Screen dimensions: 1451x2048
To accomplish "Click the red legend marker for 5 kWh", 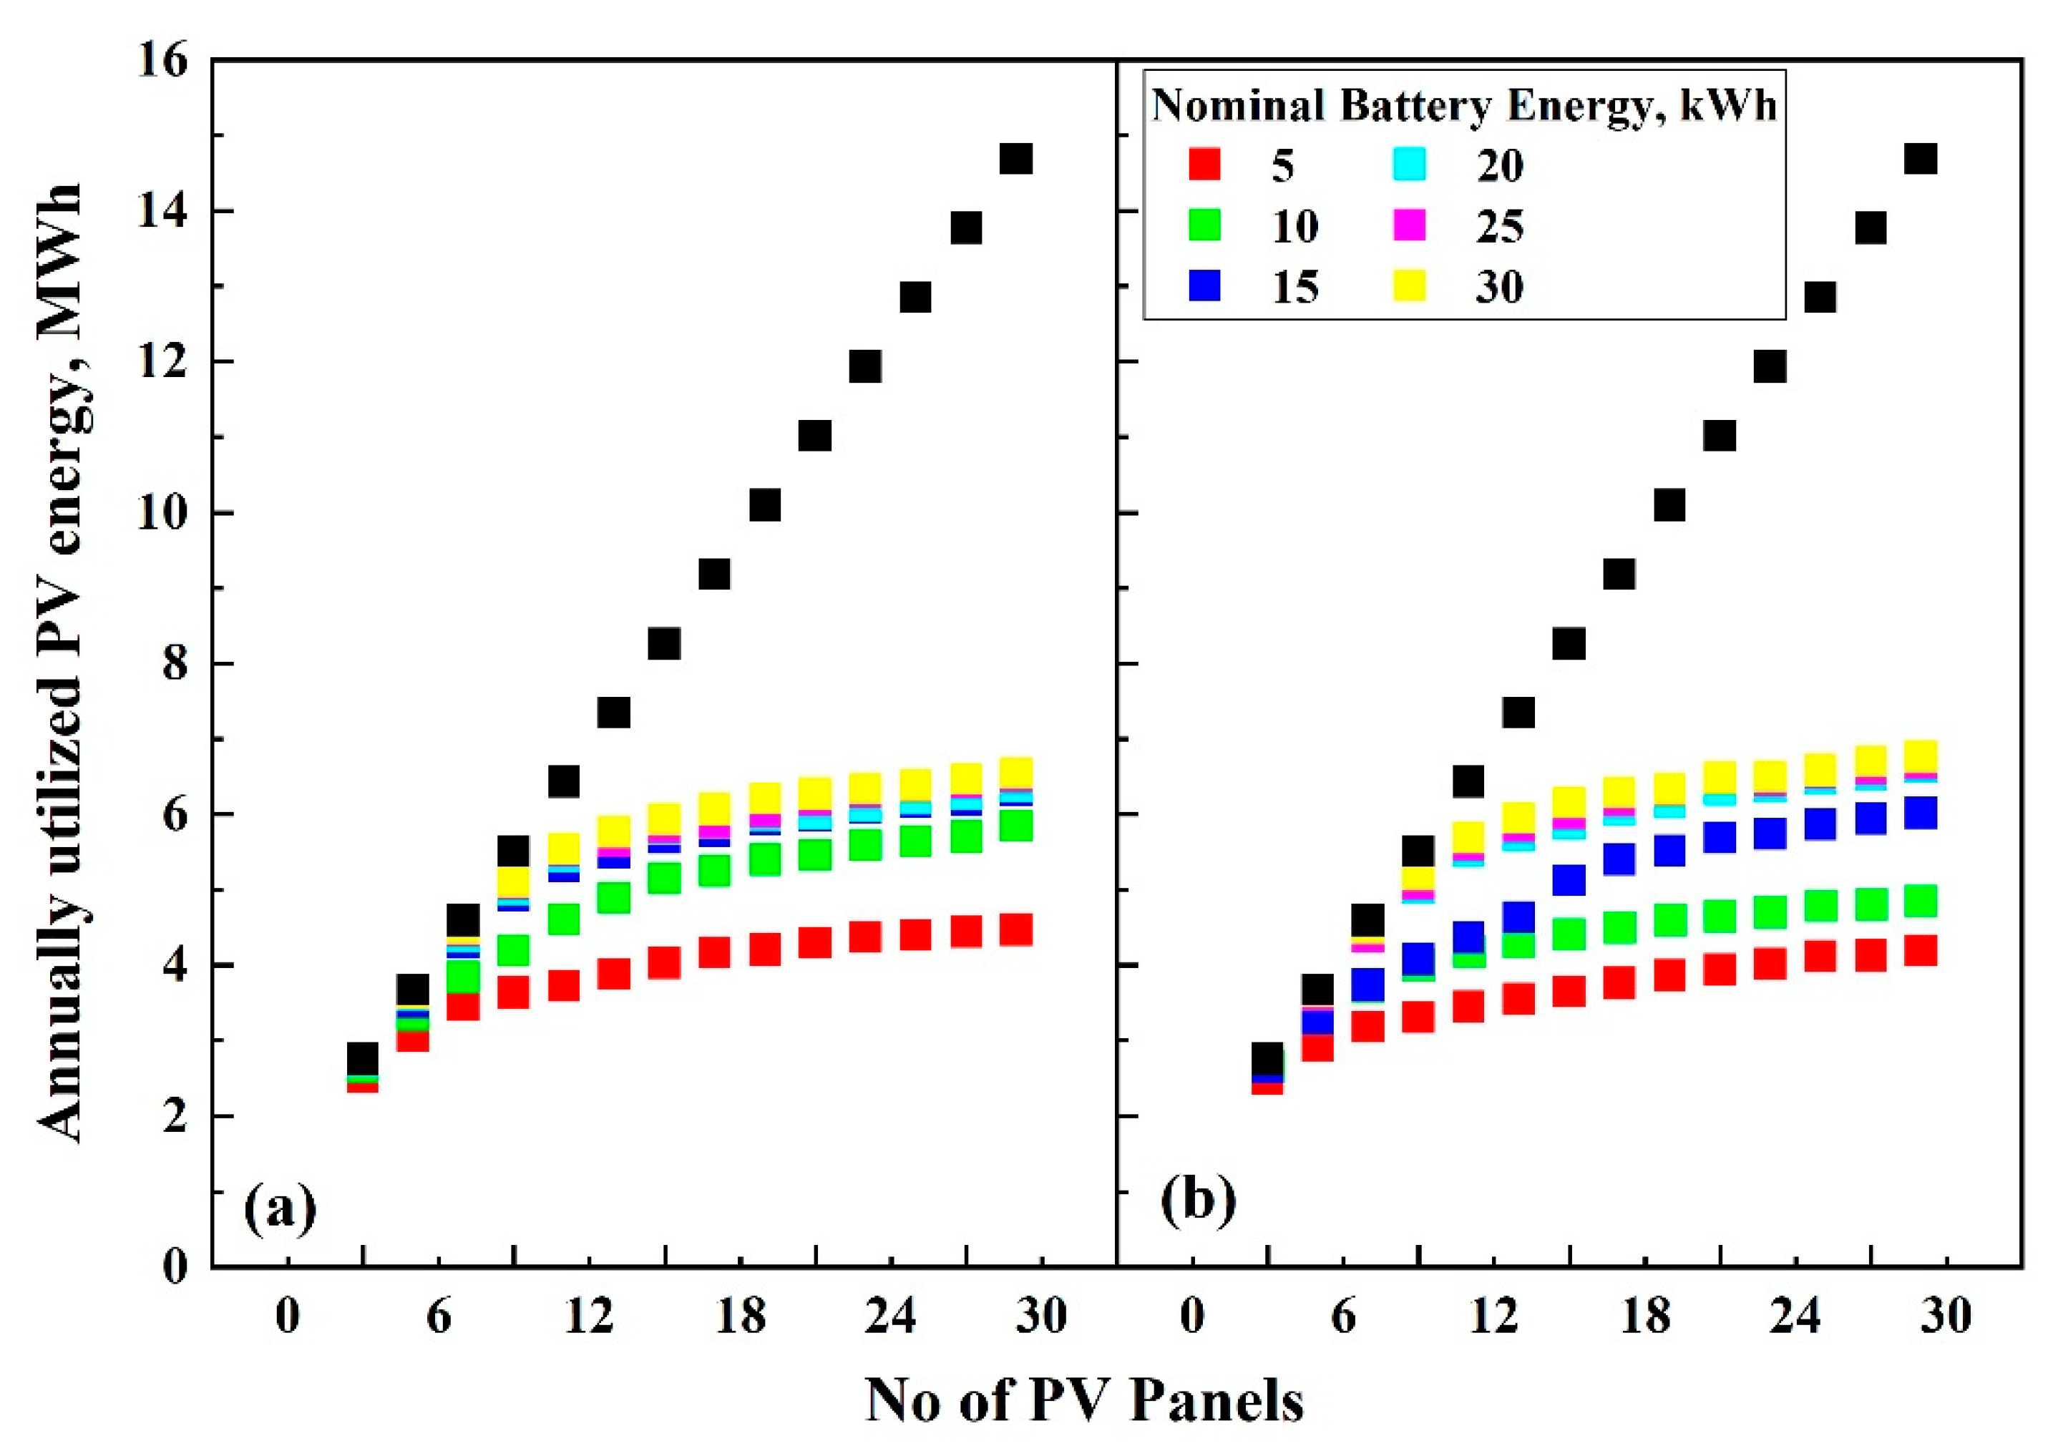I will (1204, 165).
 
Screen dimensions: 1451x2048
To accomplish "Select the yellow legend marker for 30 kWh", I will (1410, 286).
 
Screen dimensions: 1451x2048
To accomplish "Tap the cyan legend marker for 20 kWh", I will (1410, 165).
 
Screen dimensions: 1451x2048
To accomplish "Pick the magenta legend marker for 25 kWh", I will (1410, 225).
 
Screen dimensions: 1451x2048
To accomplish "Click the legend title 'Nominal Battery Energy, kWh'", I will (1463, 105).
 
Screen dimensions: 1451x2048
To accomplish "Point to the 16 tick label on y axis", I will (162, 61).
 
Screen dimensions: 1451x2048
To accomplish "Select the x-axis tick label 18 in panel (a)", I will (740, 1316).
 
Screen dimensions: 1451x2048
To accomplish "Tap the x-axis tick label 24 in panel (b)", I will (1794, 1316).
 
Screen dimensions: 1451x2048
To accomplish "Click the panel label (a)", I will (280, 1208).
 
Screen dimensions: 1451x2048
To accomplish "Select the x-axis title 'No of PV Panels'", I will (1084, 1399).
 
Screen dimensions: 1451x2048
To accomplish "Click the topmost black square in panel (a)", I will (1016, 158).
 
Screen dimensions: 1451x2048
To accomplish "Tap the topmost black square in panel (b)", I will (1920, 158).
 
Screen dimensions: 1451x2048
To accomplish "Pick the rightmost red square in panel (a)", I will (1016, 930).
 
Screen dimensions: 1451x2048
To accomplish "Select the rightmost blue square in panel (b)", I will (1920, 813).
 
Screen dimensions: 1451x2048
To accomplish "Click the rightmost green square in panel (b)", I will (1920, 901).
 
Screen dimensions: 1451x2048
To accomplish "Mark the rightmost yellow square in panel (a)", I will (1016, 770).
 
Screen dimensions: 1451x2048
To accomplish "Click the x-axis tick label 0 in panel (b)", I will (1192, 1316).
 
